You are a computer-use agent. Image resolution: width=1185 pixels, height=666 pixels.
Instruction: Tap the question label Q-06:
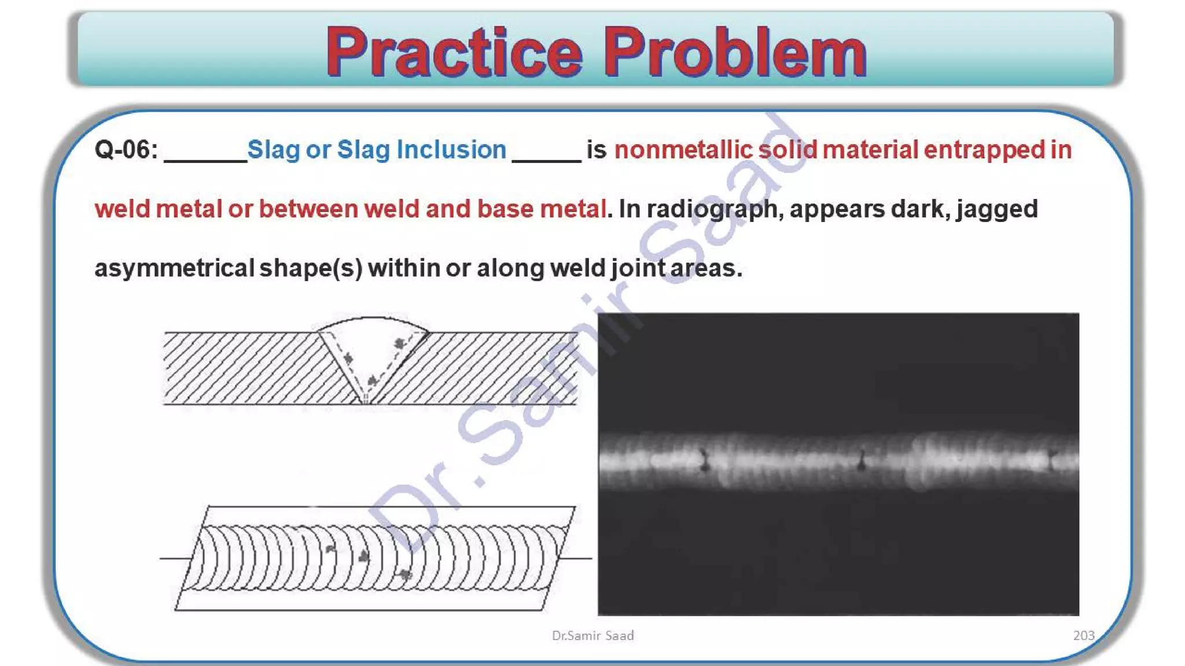coord(126,150)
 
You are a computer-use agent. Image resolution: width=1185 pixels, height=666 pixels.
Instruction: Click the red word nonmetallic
coord(683,150)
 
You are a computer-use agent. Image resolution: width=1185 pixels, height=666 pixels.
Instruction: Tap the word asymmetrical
coord(174,268)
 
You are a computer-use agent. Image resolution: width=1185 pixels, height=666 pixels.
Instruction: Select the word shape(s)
coord(311,268)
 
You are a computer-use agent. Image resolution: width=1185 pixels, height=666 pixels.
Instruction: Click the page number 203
coord(1083,635)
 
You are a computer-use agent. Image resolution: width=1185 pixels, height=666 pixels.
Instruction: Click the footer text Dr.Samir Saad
coord(592,635)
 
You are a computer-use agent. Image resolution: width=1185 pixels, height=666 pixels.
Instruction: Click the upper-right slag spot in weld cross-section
coord(399,343)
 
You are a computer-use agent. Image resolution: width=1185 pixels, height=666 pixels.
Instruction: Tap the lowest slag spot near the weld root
coord(372,380)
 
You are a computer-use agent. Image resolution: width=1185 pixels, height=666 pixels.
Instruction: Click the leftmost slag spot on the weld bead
coord(330,548)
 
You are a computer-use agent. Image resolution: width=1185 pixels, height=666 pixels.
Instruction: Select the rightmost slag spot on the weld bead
coord(405,574)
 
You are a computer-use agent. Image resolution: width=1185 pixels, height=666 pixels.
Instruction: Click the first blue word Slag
coord(274,150)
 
